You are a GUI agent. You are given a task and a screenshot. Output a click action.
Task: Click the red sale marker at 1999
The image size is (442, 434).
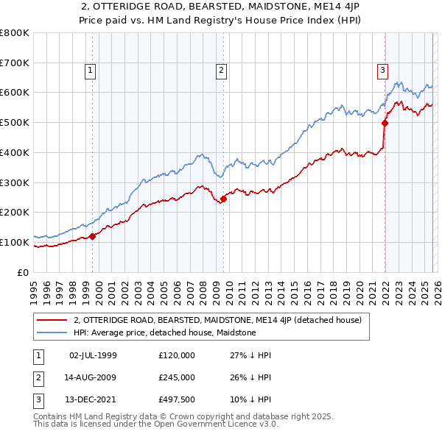tap(93, 236)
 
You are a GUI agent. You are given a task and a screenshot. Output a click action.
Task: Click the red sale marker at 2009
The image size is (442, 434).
tap(224, 198)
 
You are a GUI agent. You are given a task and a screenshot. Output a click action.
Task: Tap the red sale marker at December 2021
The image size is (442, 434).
tap(385, 123)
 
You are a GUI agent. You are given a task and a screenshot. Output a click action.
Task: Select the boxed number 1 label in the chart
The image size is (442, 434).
tap(90, 71)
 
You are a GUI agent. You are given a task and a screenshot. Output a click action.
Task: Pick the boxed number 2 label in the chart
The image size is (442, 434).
tap(221, 71)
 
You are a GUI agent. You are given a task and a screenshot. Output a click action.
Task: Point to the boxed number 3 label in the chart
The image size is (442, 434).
tap(382, 71)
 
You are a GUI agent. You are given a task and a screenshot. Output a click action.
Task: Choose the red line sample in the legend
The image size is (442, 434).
tap(52, 321)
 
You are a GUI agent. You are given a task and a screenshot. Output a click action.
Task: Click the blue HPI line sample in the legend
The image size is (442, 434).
tap(52, 332)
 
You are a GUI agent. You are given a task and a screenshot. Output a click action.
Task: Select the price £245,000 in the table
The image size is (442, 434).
tap(177, 377)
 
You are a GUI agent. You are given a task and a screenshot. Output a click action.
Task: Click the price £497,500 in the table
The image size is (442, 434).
tap(177, 399)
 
